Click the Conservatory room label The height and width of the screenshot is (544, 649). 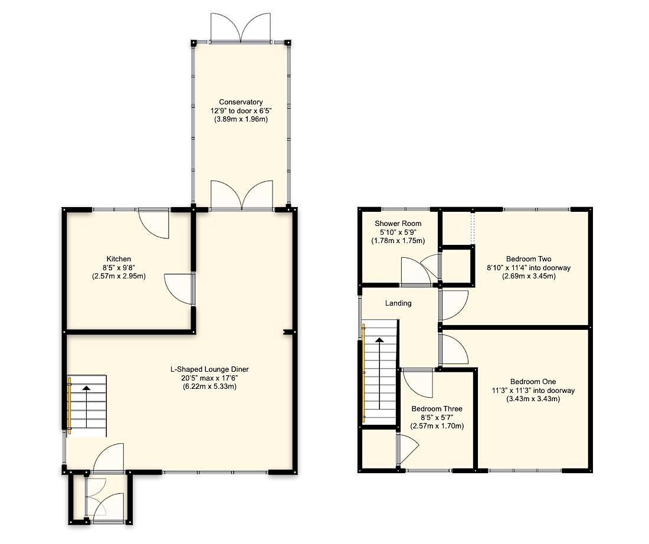[x=240, y=101]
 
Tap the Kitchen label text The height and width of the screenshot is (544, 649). [x=119, y=259]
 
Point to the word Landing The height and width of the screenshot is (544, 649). [x=398, y=303]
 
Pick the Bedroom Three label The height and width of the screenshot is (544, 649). [x=437, y=409]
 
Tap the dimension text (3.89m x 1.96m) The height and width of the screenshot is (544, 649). [x=240, y=119]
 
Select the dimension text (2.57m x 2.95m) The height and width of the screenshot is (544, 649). [x=119, y=276]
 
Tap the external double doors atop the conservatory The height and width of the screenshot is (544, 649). [x=240, y=28]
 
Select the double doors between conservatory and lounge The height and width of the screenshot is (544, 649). [x=242, y=196]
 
